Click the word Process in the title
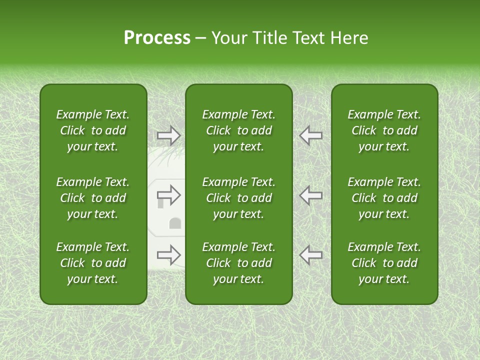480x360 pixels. pyautogui.click(x=157, y=38)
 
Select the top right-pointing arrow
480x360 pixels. pyautogui.click(x=169, y=135)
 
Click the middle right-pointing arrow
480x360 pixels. pyautogui.click(x=169, y=195)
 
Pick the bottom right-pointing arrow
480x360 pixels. pyautogui.click(x=169, y=255)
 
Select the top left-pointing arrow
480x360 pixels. pyautogui.click(x=311, y=135)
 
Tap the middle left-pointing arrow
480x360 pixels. pyautogui.click(x=311, y=195)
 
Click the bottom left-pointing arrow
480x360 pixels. pyautogui.click(x=311, y=255)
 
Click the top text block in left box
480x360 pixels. pyautogui.click(x=93, y=130)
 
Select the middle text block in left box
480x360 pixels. pyautogui.click(x=93, y=198)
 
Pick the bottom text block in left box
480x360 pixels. pyautogui.click(x=93, y=263)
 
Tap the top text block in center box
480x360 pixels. pyautogui.click(x=239, y=130)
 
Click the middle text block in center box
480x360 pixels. pyautogui.click(x=239, y=198)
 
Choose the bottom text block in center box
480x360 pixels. pyautogui.click(x=239, y=263)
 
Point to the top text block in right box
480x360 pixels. pyautogui.click(x=384, y=130)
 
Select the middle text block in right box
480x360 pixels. pyautogui.click(x=384, y=198)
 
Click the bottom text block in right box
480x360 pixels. pyautogui.click(x=384, y=263)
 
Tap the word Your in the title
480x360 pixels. pyautogui.click(x=228, y=38)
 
